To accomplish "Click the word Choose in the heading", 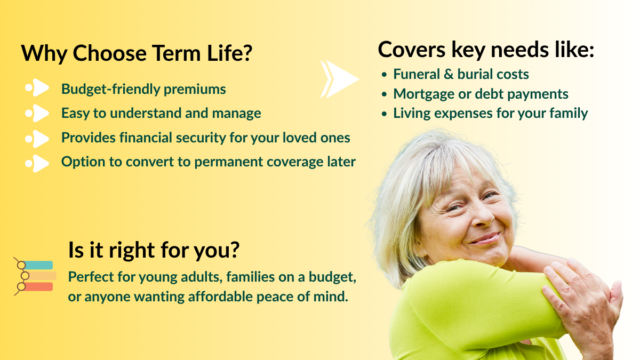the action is click(x=110, y=53).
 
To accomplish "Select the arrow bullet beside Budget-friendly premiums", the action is click(x=37, y=87).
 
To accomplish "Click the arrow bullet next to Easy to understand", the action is click(x=37, y=113).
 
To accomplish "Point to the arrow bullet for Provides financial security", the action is click(x=37, y=139).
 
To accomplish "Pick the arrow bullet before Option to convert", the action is click(x=37, y=163).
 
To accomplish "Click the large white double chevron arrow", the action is click(x=339, y=79).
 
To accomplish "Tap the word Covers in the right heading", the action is click(x=411, y=50).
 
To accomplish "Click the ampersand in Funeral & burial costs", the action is click(x=449, y=74).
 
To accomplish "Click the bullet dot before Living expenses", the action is click(x=385, y=114).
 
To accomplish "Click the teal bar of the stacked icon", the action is click(x=38, y=265).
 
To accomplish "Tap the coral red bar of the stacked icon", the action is click(x=38, y=286).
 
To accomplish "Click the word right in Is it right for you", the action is click(x=132, y=251).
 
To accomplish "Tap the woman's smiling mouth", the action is click(x=485, y=238).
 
